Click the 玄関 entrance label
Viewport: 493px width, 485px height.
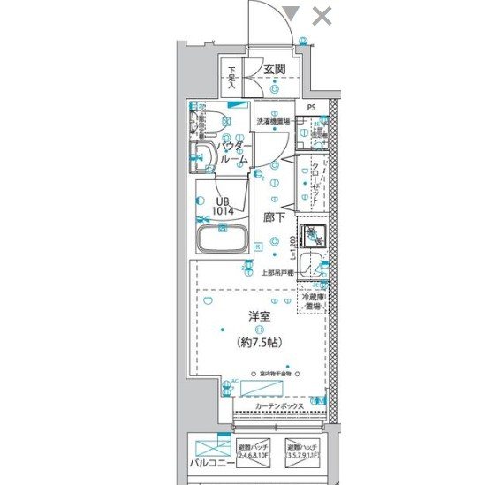click(274, 70)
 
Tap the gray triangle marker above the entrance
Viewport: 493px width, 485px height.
click(292, 13)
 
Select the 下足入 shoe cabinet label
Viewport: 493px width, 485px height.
click(232, 78)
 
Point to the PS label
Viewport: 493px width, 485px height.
click(310, 110)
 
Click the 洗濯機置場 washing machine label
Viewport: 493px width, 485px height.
click(274, 121)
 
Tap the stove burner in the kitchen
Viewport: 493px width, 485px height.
click(311, 235)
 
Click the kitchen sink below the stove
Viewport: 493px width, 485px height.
click(311, 265)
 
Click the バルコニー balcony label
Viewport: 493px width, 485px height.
click(210, 462)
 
